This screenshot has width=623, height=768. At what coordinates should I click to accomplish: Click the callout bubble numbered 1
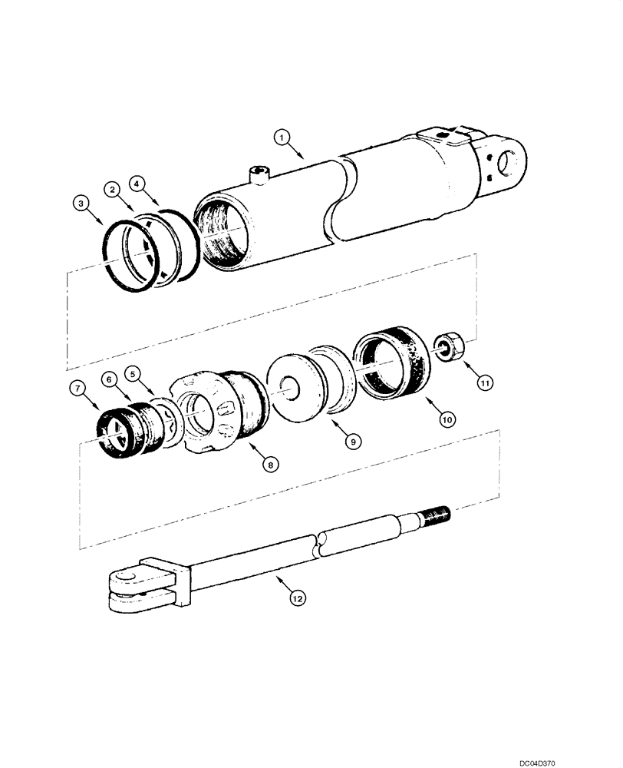click(x=282, y=137)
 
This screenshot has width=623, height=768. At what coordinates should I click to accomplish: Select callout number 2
click(x=112, y=188)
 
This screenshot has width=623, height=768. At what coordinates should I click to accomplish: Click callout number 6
click(x=110, y=379)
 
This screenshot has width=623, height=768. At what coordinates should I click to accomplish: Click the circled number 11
click(x=484, y=380)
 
